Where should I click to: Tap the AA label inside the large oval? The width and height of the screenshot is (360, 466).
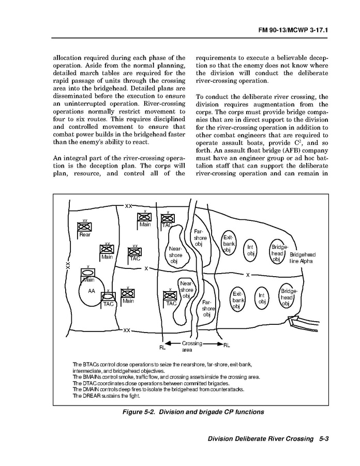tap(92, 291)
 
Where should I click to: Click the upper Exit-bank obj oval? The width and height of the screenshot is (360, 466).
tap(228, 243)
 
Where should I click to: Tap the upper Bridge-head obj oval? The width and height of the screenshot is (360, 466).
tap(278, 253)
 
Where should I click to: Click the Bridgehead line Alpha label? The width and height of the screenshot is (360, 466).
tap(303, 258)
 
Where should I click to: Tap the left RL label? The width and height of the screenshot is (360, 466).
tap(162, 348)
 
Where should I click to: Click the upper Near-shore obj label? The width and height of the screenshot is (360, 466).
tap(176, 254)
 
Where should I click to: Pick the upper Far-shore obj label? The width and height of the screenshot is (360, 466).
tap(201, 238)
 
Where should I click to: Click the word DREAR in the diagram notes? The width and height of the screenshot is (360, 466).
tap(82, 396)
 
